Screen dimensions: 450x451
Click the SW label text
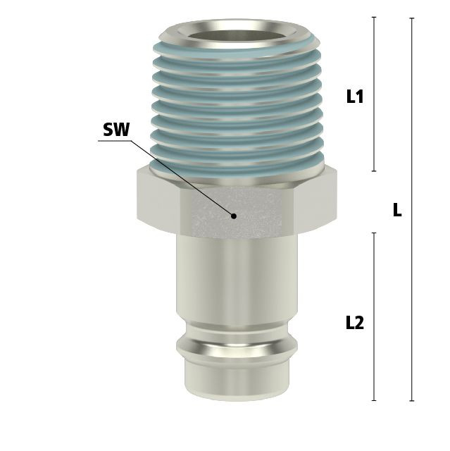116,130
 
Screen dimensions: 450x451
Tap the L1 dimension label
355,97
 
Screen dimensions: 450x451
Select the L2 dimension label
355,323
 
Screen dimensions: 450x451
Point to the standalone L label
397,210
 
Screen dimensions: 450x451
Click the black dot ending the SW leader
234,216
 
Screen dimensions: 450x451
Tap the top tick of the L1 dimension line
374,18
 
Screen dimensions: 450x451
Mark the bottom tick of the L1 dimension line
374,171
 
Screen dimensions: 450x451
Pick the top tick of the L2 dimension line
374,233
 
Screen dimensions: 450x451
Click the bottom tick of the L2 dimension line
374,400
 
